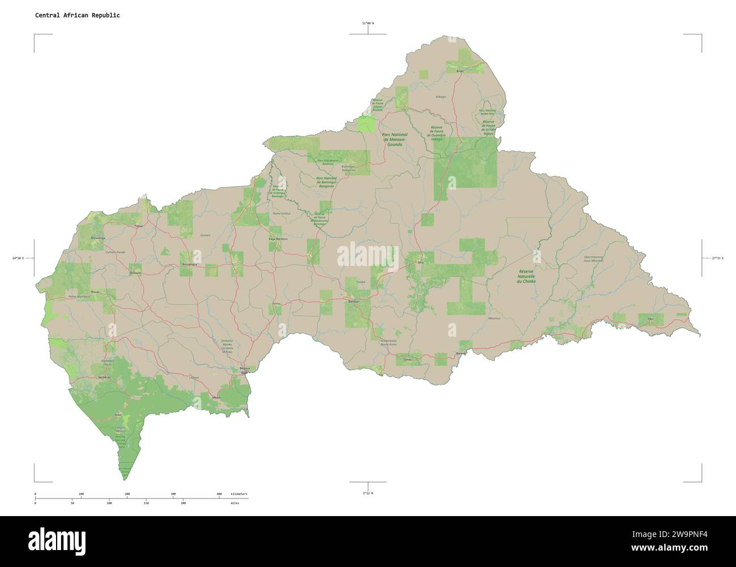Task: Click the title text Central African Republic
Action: pyautogui.click(x=77, y=15)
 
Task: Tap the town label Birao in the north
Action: pyautogui.click(x=459, y=71)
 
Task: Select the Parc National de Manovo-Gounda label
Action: pyautogui.click(x=395, y=140)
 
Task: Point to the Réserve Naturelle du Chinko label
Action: pyautogui.click(x=527, y=276)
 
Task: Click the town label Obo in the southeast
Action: pyautogui.click(x=649, y=320)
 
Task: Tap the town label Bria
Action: pyautogui.click(x=420, y=263)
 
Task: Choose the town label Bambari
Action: pyautogui.click(x=354, y=301)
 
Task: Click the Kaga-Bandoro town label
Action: pyautogui.click(x=278, y=239)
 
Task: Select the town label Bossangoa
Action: pyautogui.click(x=189, y=264)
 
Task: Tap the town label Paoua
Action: pyautogui.click(x=139, y=225)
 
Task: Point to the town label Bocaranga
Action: pyautogui.click(x=97, y=238)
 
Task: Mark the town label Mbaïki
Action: pyautogui.click(x=216, y=398)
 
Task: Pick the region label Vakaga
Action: pyautogui.click(x=440, y=97)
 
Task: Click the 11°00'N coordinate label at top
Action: pyautogui.click(x=368, y=23)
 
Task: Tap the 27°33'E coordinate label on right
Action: pyautogui.click(x=720, y=258)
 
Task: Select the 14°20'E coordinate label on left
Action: pyautogui.click(x=18, y=258)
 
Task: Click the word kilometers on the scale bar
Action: pyautogui.click(x=239, y=494)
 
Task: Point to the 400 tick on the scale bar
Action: pyautogui.click(x=219, y=494)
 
